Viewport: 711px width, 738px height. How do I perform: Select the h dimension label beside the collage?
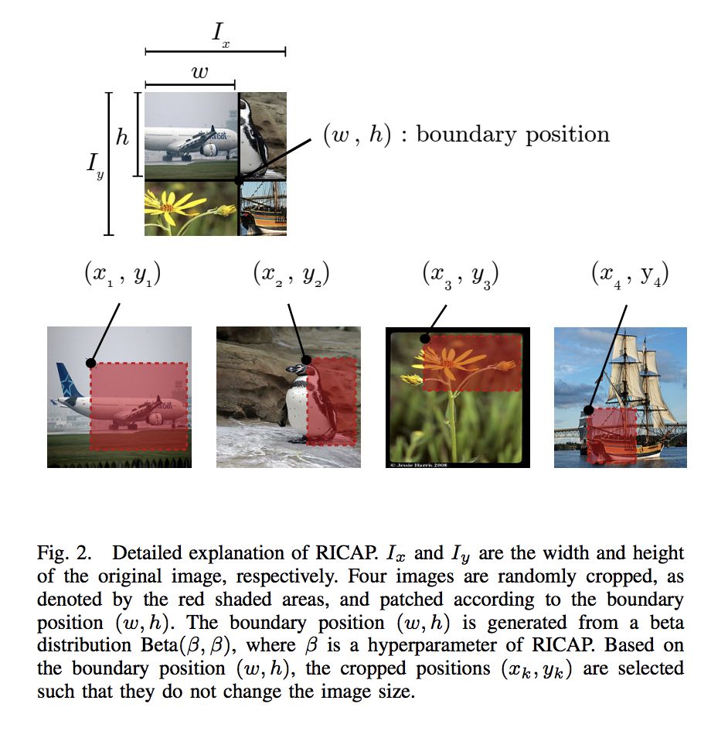122,137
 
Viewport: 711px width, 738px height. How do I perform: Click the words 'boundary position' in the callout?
512,135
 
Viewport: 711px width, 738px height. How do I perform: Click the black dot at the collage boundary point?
238,179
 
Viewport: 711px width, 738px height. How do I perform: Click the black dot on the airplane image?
90,362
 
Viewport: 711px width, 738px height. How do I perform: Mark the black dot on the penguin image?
307,359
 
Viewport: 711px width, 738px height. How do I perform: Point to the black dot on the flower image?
424,338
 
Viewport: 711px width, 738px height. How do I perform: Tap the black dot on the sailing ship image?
589,410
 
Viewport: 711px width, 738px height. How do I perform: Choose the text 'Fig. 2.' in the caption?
66,554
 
